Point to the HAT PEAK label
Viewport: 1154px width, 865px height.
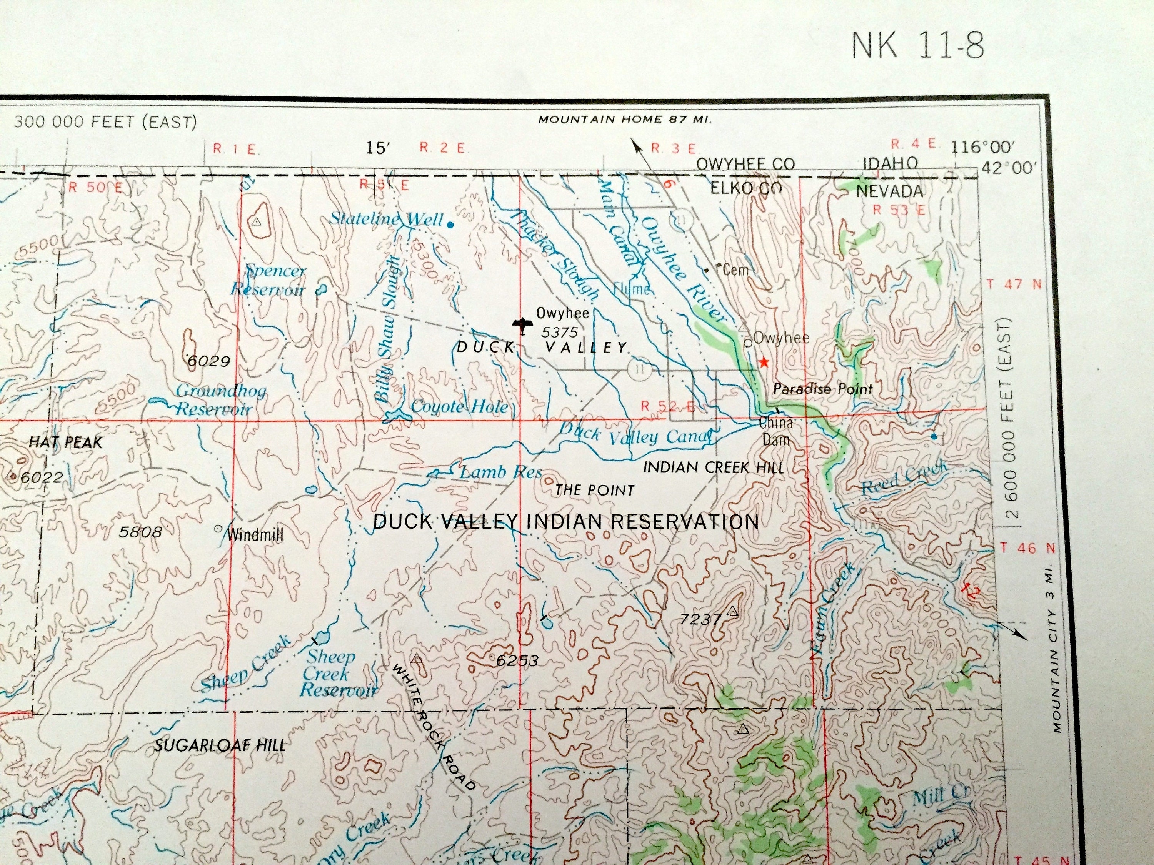(66, 442)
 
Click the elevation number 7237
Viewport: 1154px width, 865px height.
(700, 619)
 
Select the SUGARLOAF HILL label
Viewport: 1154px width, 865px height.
(220, 745)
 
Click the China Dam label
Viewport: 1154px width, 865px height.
(776, 431)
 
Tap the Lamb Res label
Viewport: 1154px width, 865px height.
(500, 472)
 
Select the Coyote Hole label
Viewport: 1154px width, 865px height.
(459, 406)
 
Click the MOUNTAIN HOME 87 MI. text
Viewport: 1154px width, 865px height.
(624, 120)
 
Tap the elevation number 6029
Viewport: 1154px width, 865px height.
(208, 361)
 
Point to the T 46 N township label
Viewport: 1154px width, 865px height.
(1020, 548)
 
